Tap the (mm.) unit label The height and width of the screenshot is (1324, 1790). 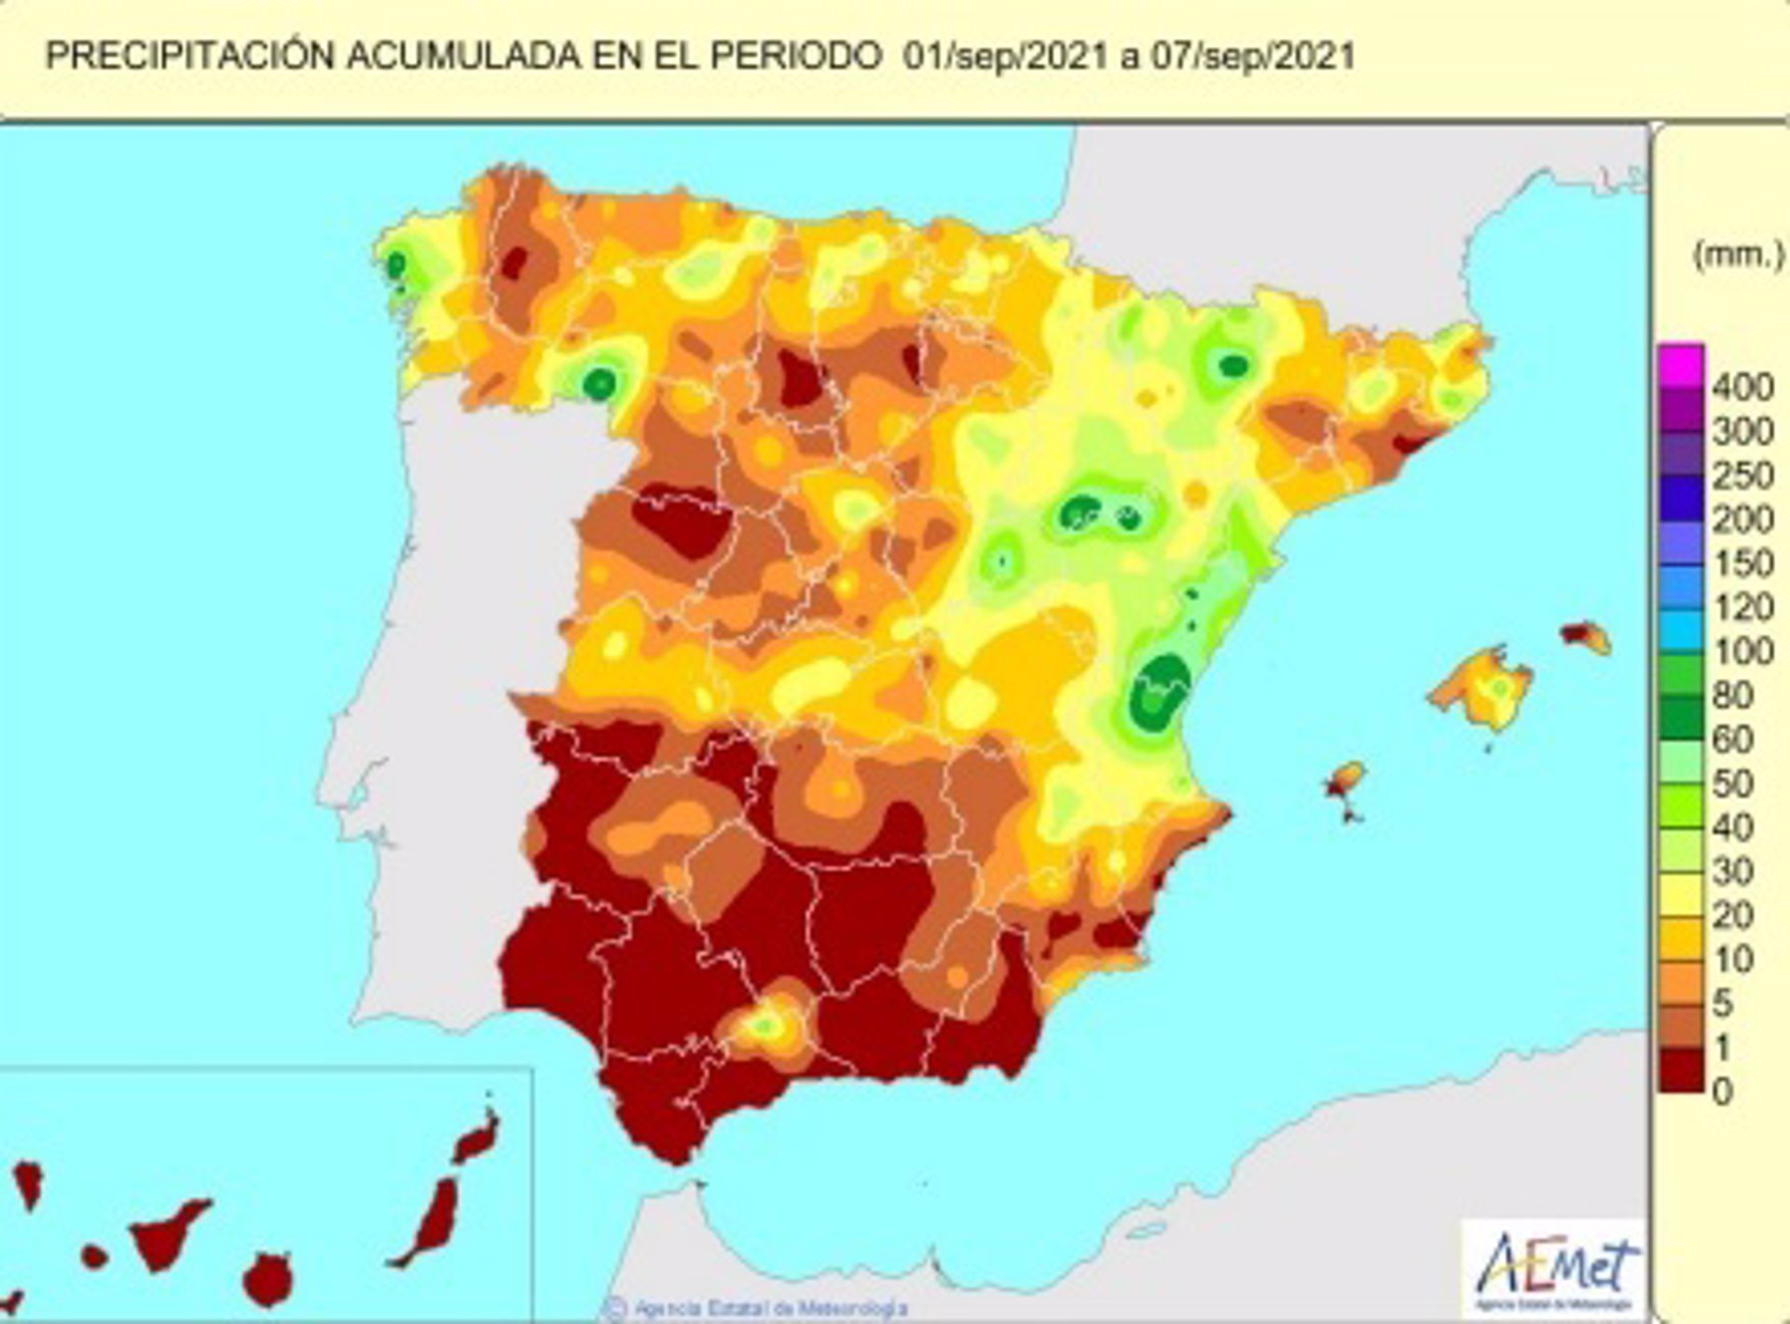(1737, 254)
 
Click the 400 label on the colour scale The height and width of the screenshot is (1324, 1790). (1742, 387)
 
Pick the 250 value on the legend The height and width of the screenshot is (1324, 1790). (1742, 476)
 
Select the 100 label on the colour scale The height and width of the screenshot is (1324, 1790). (1742, 651)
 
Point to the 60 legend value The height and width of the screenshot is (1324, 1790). (1732, 739)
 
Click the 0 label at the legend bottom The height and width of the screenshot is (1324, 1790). (1723, 1091)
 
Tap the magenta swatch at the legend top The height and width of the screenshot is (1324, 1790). (1681, 365)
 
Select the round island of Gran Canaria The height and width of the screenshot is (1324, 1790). (268, 1279)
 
